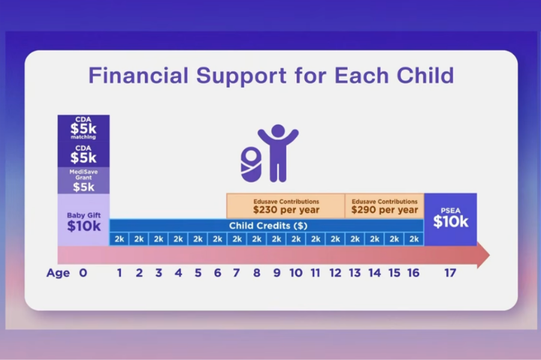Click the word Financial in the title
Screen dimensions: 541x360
click(x=138, y=75)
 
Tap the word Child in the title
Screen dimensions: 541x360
click(x=425, y=75)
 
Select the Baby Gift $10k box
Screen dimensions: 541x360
click(x=83, y=220)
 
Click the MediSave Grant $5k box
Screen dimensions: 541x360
click(x=83, y=181)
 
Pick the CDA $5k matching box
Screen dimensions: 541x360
click(x=83, y=128)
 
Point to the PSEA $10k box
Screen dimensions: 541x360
click(x=450, y=220)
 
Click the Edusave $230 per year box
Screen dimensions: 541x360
click(x=286, y=206)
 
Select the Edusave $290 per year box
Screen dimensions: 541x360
click(x=384, y=206)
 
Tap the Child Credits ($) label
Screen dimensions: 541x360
click(x=268, y=226)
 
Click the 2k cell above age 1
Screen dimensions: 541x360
click(x=119, y=239)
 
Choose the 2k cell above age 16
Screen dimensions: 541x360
click(x=414, y=239)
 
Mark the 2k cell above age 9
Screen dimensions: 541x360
click(x=276, y=239)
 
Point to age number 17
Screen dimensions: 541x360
click(x=450, y=273)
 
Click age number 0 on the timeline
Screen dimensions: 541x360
click(x=83, y=273)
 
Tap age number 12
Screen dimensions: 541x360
click(x=335, y=273)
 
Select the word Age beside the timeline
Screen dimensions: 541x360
click(x=58, y=273)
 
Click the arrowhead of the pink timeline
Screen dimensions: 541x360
click(x=483, y=256)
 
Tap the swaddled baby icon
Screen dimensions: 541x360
click(x=251, y=164)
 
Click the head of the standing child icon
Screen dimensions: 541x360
click(x=278, y=131)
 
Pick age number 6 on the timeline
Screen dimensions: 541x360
click(x=217, y=273)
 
